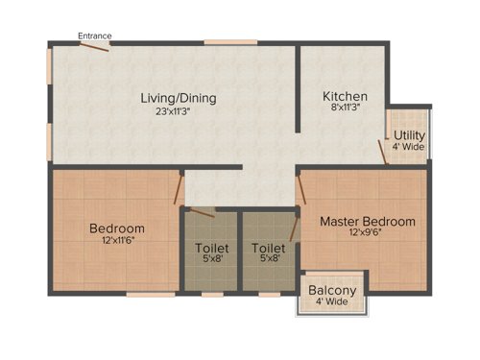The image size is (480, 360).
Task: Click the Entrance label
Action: (95, 36)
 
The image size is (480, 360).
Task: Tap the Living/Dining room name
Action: (179, 98)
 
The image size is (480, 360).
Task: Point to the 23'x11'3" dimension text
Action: (179, 110)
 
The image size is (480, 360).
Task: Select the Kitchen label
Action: (345, 96)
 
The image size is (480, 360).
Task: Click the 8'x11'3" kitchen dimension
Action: (345, 108)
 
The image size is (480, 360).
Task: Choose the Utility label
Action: (409, 134)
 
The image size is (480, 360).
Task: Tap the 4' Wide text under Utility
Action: (409, 147)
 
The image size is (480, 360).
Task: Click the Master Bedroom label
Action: (368, 222)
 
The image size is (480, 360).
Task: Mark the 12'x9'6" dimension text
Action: (368, 233)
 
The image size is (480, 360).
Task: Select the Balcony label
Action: (332, 290)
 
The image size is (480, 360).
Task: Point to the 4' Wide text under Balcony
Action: (332, 301)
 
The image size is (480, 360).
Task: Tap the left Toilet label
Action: (211, 248)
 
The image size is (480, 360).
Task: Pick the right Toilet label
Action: (270, 248)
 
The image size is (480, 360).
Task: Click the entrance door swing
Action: (95, 48)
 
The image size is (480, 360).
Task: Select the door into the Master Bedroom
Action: (301, 187)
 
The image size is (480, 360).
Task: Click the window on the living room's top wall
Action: (230, 42)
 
